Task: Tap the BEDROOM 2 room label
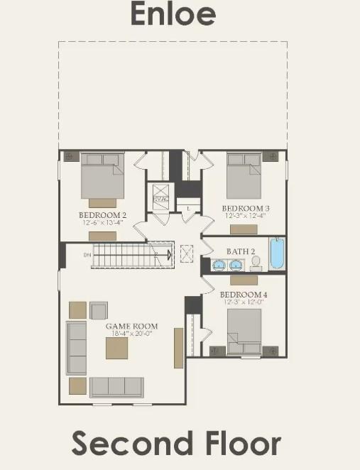[x=102, y=214]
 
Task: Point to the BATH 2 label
[x=236, y=251]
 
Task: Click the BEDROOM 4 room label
[x=244, y=295]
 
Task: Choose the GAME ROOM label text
[x=131, y=327]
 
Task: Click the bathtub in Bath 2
[x=276, y=253]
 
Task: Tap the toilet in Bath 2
[x=255, y=263]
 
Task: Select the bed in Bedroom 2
[x=102, y=175]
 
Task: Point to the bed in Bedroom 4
[x=244, y=331]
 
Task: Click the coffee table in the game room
[x=117, y=348]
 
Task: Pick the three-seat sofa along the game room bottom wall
[x=116, y=386]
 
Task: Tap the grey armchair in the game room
[x=99, y=310]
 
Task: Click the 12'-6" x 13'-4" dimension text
[x=102, y=222]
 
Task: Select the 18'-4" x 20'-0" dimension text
[x=131, y=334]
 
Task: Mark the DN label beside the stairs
[x=87, y=254]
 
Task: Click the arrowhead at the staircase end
[x=169, y=253]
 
